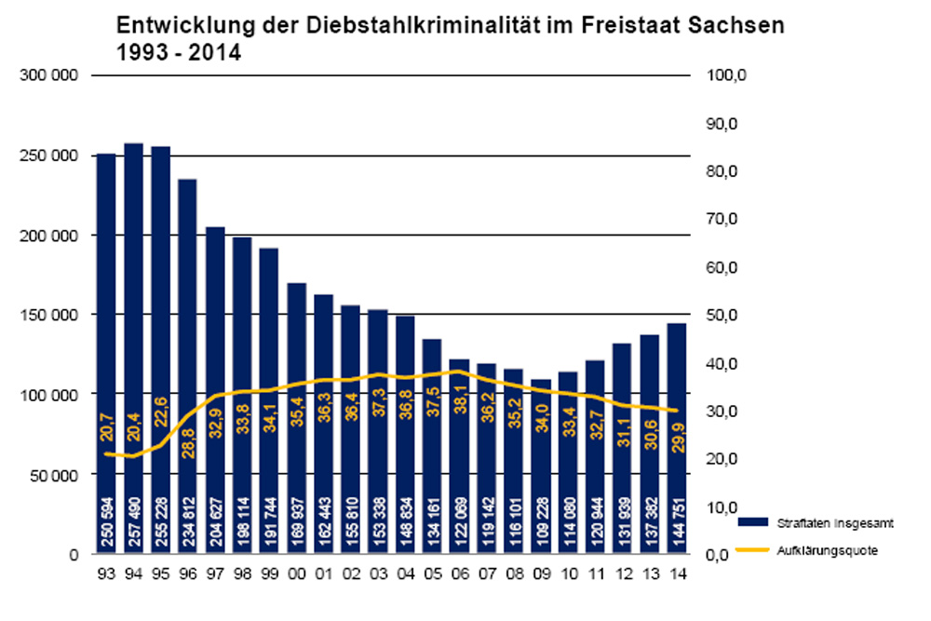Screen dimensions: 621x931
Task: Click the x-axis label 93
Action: pos(106,574)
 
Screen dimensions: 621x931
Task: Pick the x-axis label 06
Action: pos(459,574)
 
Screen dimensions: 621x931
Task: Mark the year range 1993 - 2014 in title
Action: pos(178,53)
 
